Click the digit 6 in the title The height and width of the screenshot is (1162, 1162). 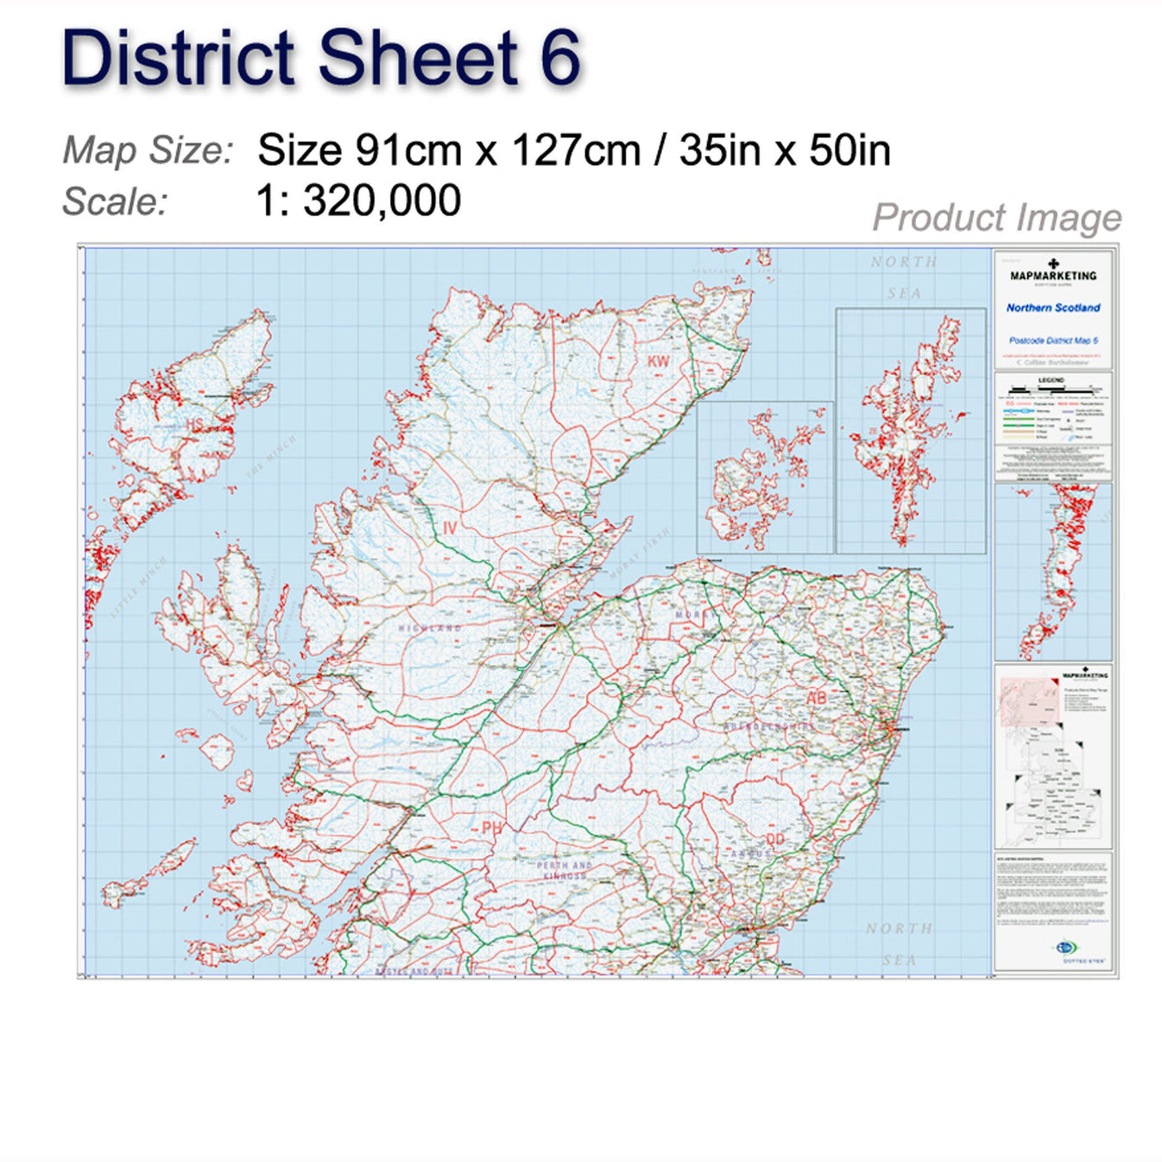tap(559, 59)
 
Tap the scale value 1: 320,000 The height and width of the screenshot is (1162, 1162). tap(358, 200)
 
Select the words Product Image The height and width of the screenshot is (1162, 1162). tap(996, 218)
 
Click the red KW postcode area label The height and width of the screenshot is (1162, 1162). tap(659, 362)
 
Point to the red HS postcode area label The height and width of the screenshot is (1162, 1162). tap(195, 425)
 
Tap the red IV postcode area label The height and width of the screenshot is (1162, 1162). tap(450, 527)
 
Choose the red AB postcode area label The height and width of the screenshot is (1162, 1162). tap(816, 698)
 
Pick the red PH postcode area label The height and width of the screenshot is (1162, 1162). tap(492, 828)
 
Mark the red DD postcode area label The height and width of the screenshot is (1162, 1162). tap(775, 839)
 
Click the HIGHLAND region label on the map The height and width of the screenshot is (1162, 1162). tap(430, 628)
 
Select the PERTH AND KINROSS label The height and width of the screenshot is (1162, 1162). tap(565, 870)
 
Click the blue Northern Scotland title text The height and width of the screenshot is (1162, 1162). tap(1053, 307)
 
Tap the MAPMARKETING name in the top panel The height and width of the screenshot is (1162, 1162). tap(1053, 276)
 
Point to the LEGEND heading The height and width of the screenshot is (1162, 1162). tap(1051, 380)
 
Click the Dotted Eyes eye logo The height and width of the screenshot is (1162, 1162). tap(1065, 948)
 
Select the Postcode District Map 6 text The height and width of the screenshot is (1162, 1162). tap(1053, 341)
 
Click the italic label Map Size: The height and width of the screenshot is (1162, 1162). tap(148, 150)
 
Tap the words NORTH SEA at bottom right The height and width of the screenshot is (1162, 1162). tap(900, 944)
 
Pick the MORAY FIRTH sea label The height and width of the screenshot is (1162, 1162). tap(640, 553)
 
